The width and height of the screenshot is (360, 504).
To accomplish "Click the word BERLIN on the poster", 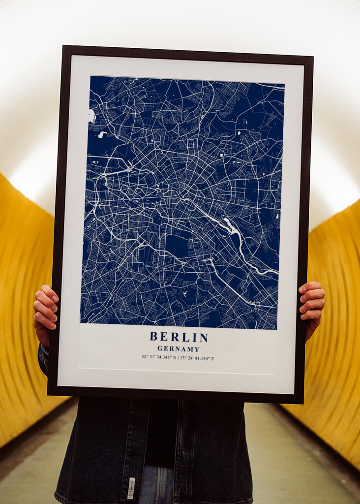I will click(179, 337).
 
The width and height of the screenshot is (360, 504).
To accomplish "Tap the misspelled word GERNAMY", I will click(178, 349).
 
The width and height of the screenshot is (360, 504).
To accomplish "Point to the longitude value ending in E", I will click(197, 358).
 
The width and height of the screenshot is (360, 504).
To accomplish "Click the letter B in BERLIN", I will click(153, 337).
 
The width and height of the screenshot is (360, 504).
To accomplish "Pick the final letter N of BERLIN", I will click(204, 337).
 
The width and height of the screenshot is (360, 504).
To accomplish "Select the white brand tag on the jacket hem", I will click(131, 488).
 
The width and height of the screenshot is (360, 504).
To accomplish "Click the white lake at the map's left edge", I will click(91, 116).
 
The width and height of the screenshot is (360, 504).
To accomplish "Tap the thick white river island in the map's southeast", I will click(231, 227).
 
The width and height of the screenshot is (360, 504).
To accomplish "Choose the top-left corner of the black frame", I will click(64, 47).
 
